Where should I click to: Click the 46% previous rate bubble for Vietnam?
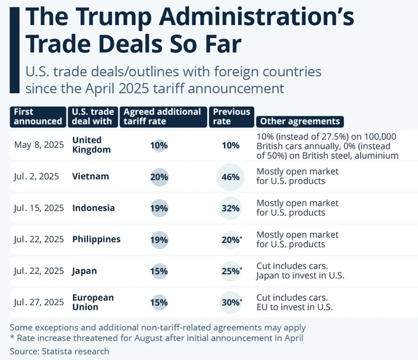tap(230, 177)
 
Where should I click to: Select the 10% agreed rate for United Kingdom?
tap(159, 145)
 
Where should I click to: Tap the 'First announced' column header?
tap(37, 116)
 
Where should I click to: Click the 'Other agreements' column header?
tap(299, 121)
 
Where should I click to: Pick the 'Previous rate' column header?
tap(232, 116)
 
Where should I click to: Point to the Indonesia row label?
tap(93, 208)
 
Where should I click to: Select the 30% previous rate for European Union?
tap(230, 302)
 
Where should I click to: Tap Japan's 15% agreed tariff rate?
tap(159, 271)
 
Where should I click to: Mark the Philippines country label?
tap(96, 239)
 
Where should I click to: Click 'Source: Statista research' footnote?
tap(60, 351)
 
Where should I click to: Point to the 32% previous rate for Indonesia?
tap(230, 208)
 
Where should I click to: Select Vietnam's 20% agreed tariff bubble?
tap(159, 177)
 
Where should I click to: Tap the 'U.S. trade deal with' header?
tap(93, 116)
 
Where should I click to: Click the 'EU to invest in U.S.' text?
tap(294, 307)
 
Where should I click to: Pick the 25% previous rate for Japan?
tap(230, 271)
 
